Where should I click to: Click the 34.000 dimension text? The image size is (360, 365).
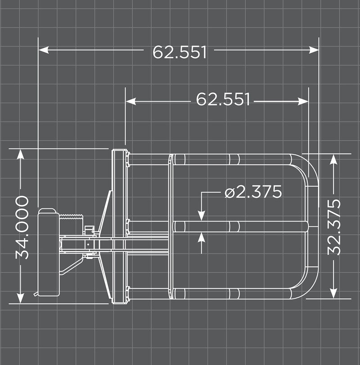click(22, 227)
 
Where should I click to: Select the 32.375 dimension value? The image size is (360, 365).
click(334, 227)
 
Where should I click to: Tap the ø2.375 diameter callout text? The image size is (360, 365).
click(253, 192)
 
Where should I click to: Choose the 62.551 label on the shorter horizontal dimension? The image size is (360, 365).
click(223, 99)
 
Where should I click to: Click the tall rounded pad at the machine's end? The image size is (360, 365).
click(48, 252)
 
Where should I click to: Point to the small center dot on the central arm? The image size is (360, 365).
click(88, 244)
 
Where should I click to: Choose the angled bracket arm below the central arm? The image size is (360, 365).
click(72, 266)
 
